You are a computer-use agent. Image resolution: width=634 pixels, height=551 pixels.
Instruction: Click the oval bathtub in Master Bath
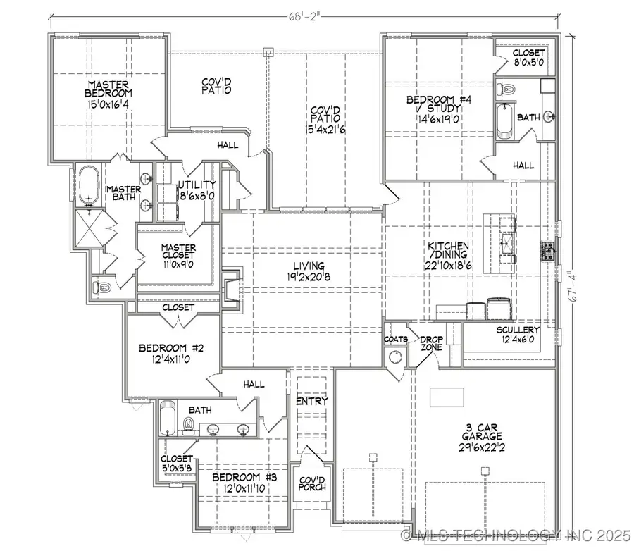pyautogui.click(x=89, y=185)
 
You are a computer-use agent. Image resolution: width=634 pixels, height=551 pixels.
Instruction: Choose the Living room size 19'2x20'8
pyautogui.click(x=309, y=277)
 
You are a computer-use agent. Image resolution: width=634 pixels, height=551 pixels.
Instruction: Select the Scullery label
pyautogui.click(x=518, y=330)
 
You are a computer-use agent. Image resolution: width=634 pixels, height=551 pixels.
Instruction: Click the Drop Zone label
pyautogui.click(x=430, y=343)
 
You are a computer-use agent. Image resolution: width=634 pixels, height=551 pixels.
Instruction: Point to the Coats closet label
pyautogui.click(x=396, y=340)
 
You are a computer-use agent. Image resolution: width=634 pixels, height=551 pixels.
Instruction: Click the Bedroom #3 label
pyautogui.click(x=246, y=477)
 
